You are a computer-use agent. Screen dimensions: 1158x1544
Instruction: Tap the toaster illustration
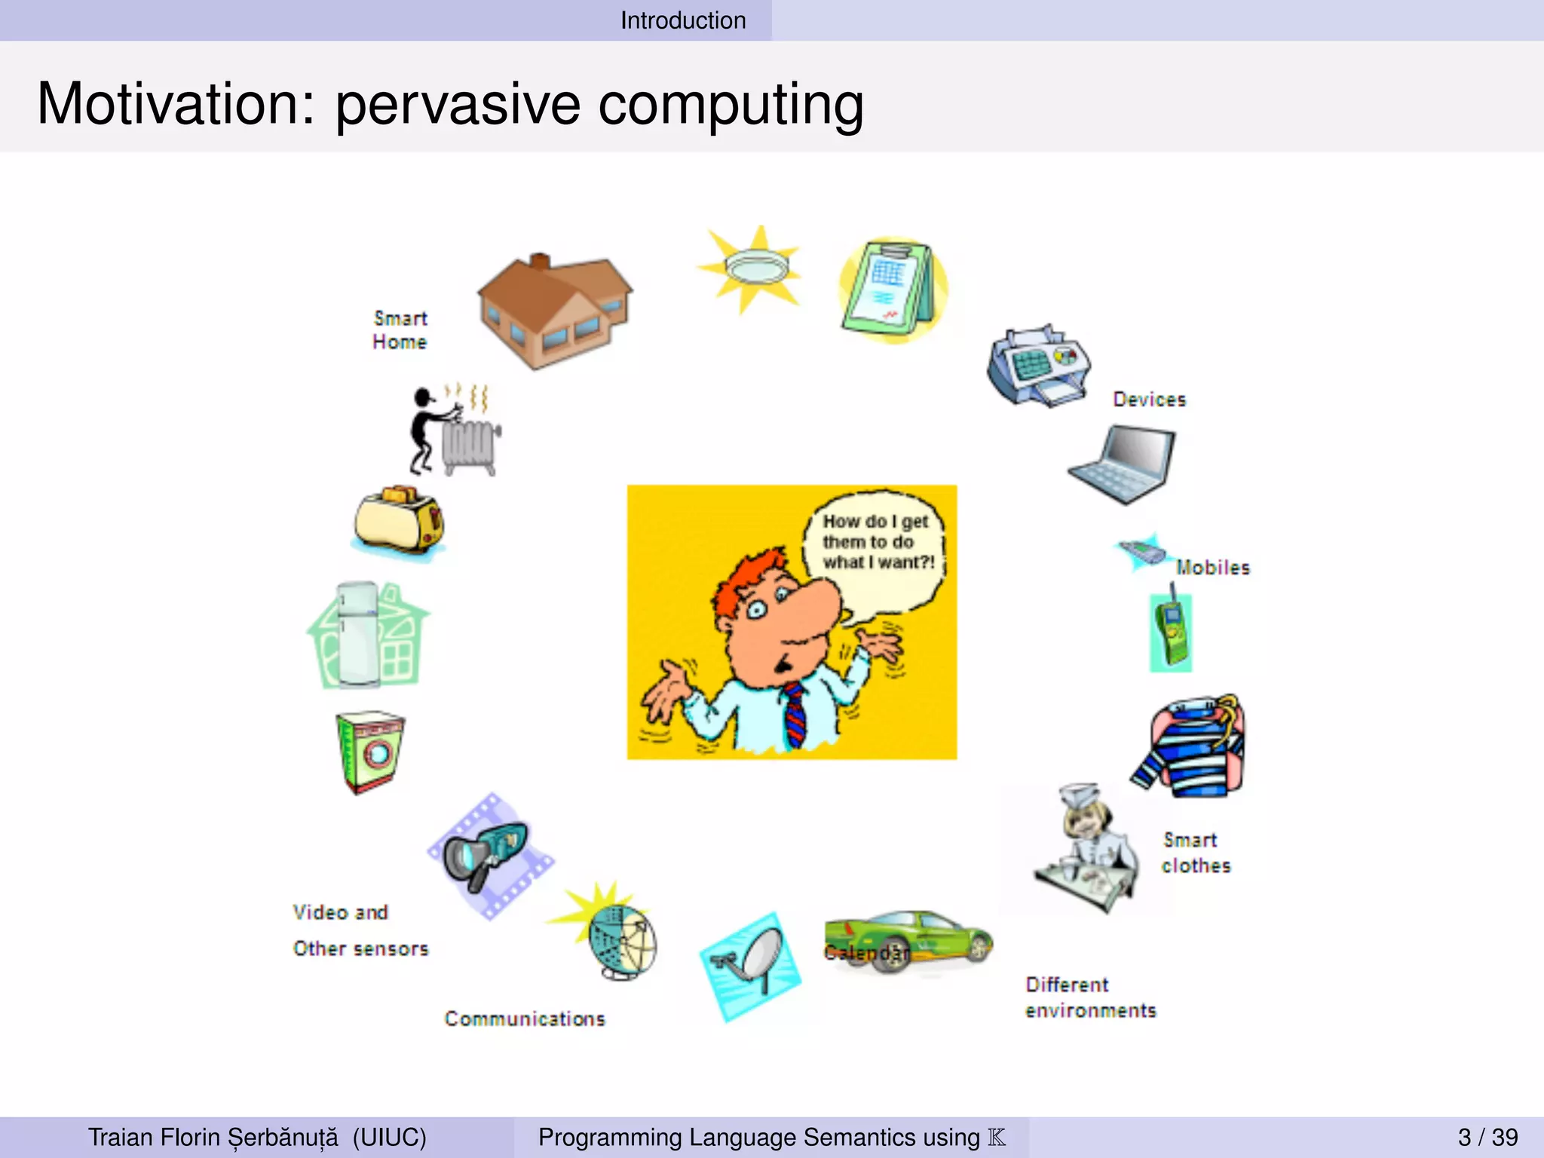point(399,522)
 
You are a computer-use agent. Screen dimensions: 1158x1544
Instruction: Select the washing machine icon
point(369,752)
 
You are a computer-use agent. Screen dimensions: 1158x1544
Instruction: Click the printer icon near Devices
point(1038,367)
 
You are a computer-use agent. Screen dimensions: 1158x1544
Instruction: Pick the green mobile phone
point(1171,632)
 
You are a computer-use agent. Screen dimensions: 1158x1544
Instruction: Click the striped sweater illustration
point(1192,747)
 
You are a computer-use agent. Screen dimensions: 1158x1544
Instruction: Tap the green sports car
point(909,942)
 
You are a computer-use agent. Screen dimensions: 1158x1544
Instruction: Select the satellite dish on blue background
point(751,966)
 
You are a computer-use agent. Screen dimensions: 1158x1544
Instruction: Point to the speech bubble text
point(878,542)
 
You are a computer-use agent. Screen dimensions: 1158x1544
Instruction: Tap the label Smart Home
point(400,330)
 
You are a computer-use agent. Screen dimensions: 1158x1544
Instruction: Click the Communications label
point(525,1019)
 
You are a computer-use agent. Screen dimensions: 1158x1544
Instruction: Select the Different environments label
point(1090,997)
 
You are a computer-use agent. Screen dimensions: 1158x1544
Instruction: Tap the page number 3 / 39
point(1487,1137)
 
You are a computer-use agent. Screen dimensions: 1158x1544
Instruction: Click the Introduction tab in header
point(683,20)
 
